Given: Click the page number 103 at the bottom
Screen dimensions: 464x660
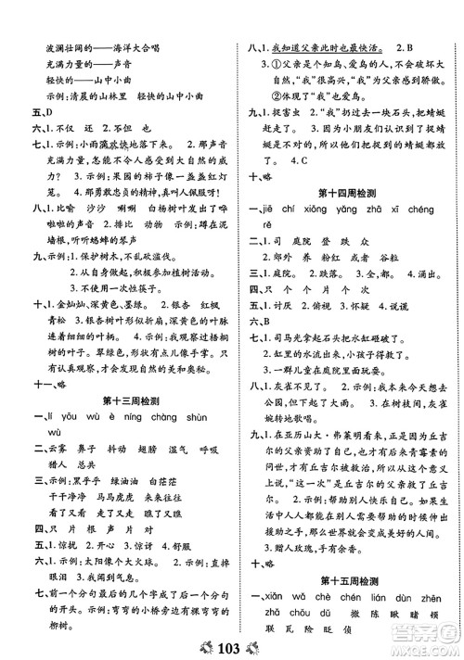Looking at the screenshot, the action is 231,644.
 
